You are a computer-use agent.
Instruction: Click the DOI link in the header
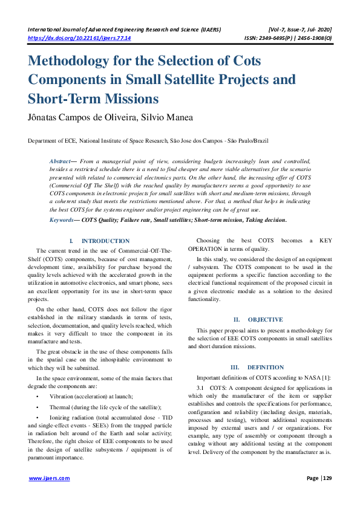coord(79,37)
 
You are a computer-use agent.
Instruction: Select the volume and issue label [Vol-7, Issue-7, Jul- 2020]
coord(299,29)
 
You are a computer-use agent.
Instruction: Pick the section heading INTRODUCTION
coord(105,241)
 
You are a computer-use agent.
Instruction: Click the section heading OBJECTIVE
coord(266,319)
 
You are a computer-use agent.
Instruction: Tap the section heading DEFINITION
coord(266,367)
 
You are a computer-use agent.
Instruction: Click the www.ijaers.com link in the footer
coord(50,478)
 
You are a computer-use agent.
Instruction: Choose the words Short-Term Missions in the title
coord(93,99)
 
